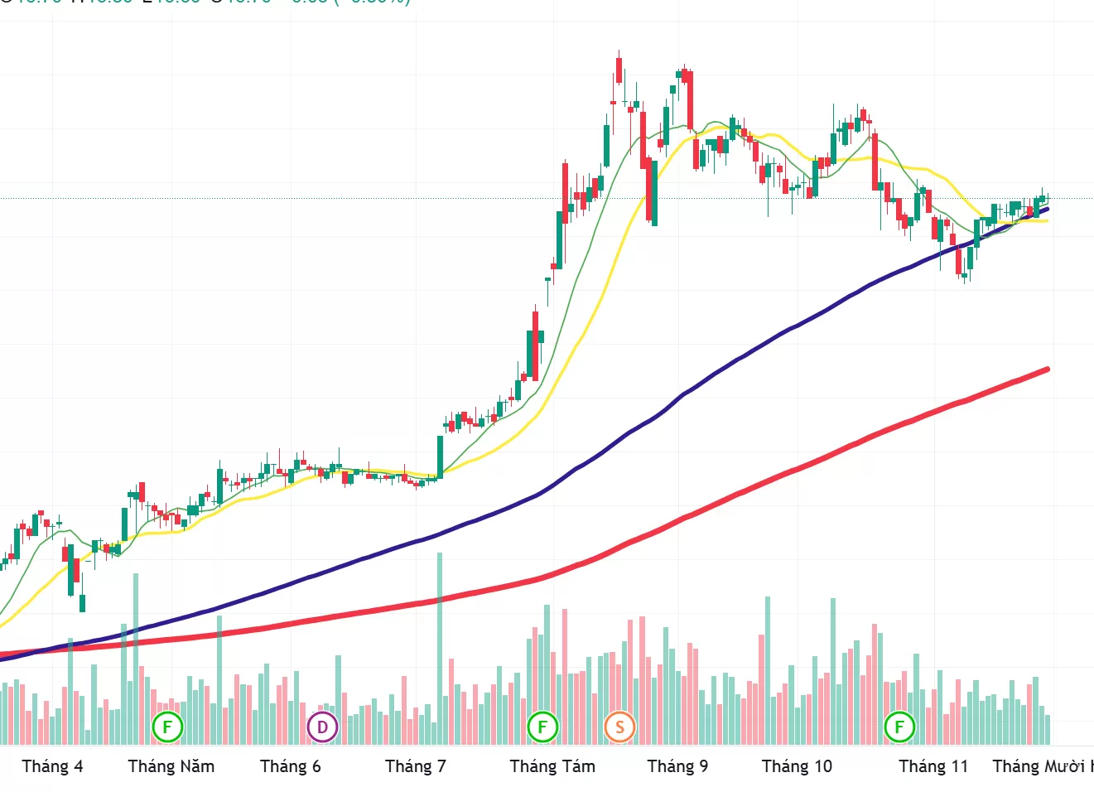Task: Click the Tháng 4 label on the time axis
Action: [52, 766]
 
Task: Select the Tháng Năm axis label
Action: [171, 766]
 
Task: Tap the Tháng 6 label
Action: [290, 766]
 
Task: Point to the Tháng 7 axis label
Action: [415, 766]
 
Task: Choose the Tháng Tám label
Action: [552, 766]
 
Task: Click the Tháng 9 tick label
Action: [677, 766]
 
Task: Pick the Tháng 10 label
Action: [797, 766]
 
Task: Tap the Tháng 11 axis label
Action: [933, 766]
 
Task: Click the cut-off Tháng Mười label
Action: [1042, 766]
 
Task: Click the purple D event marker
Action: [322, 728]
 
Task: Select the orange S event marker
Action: [619, 728]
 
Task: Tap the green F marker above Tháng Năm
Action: [167, 728]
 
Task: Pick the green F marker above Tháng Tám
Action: [542, 728]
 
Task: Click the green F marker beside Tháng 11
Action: [899, 728]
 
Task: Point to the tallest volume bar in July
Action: [440, 646]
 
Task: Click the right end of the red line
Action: [1048, 369]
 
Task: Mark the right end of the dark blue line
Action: [1048, 209]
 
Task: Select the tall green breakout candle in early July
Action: [440, 456]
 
